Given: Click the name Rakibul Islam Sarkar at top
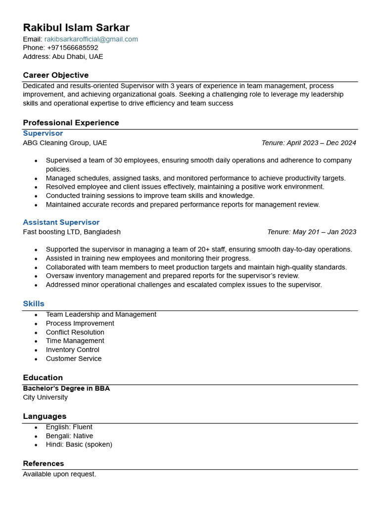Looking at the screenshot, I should pos(76,27).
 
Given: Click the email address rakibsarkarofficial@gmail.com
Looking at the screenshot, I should pos(91,39).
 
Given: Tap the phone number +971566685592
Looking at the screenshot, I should pos(72,48).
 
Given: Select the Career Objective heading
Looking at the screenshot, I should pos(55,75).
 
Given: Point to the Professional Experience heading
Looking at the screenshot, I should pos(71,123).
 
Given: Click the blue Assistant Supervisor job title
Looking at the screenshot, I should pos(61,223).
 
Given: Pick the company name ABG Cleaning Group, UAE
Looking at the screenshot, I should pos(65,143).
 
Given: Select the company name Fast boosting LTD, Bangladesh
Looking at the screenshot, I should pos(72,232).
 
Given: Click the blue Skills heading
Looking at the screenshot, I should pos(34,304).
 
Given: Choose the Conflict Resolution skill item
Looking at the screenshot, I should pos(75,332).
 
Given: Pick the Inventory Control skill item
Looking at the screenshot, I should pos(72,350).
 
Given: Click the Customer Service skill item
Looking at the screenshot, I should pos(73,359).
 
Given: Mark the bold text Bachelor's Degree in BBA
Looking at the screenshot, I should pos(66,389).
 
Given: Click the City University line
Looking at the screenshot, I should pos(45,398).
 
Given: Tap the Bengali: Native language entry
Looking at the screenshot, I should pos(69,436).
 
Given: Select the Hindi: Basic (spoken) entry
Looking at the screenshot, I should pos(79,445).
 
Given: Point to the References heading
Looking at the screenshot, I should pos(43,464).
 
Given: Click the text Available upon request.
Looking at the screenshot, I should pos(59,474).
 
